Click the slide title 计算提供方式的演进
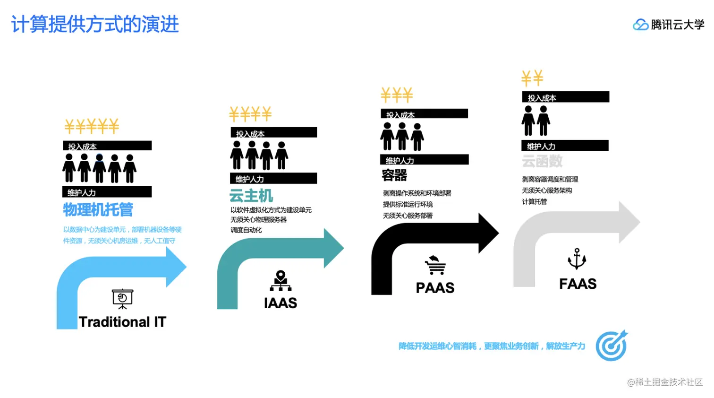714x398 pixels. [x=95, y=24]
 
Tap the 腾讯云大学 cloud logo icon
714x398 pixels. [x=640, y=25]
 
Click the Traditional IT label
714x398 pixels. [x=122, y=322]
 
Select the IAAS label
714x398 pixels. [x=280, y=303]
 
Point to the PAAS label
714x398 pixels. [x=435, y=287]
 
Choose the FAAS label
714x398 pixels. [x=578, y=284]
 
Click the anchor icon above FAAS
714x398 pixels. [x=577, y=259]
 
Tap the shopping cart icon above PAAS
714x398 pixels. [x=435, y=265]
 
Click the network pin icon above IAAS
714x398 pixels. [x=280, y=280]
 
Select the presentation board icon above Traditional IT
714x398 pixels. [x=122, y=299]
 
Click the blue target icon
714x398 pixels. [x=612, y=346]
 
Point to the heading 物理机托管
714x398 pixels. [x=98, y=210]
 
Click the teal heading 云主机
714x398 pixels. [x=251, y=196]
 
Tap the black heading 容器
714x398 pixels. [x=394, y=175]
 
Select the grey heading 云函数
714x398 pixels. [x=542, y=162]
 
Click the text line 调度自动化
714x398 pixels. [x=246, y=230]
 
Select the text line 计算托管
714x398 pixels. [x=535, y=202]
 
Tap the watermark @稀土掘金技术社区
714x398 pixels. [x=665, y=382]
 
